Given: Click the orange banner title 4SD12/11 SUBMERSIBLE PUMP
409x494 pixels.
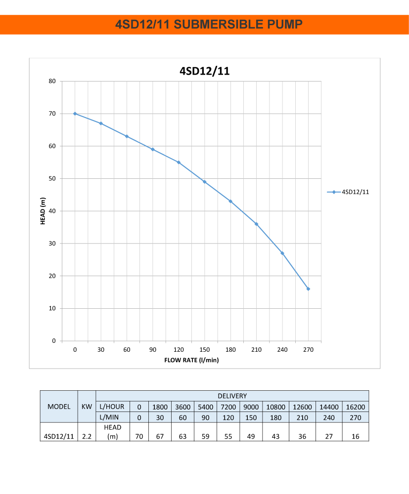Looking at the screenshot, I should (x=204, y=24).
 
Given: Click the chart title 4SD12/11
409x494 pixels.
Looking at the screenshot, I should (x=204, y=71).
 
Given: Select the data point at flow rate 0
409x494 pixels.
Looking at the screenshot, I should (x=75, y=114).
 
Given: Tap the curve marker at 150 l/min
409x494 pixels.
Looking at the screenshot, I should (x=204, y=182).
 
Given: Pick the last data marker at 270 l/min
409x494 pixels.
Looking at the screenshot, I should (x=308, y=288).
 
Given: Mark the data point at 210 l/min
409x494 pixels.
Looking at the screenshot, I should (x=256, y=224).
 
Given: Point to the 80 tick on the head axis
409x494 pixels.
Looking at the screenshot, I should (x=52, y=81).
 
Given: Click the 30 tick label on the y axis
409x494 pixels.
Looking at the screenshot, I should (x=52, y=244).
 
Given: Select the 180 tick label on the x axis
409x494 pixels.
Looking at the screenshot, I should (x=230, y=350).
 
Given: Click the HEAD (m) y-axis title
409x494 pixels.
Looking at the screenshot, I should (x=43, y=211).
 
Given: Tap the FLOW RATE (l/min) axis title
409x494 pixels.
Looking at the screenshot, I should (x=191, y=360).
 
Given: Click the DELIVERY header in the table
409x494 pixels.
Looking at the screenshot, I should (x=232, y=396).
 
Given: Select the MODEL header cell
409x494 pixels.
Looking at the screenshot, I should (x=59, y=407).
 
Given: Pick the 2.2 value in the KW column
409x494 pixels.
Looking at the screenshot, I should (x=87, y=437).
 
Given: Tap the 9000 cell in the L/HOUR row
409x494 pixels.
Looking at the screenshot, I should (x=251, y=407).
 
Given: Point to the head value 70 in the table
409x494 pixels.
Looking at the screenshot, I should (x=139, y=437).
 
